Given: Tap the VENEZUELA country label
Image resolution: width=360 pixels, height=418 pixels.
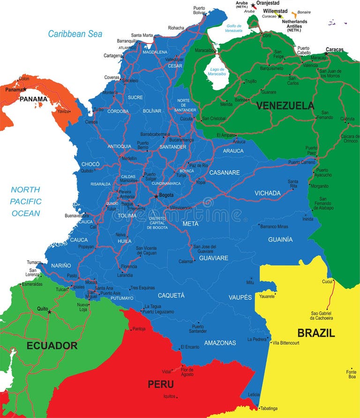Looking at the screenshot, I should [285, 105].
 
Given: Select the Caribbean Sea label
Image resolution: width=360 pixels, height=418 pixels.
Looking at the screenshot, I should [75, 34].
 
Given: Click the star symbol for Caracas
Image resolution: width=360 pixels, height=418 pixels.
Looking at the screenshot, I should [326, 54].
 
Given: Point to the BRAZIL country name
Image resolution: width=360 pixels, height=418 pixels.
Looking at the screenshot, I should [316, 333].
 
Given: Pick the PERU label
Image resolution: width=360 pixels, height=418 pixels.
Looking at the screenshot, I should [161, 384].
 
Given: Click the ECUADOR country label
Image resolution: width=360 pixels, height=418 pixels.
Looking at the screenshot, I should [52, 346].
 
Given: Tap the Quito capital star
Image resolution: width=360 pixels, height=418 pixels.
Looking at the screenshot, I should [49, 312].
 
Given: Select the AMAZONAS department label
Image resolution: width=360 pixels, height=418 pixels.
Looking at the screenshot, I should [220, 343].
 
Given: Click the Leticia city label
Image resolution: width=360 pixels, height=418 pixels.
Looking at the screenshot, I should [253, 394].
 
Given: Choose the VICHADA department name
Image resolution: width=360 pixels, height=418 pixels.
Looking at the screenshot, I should [267, 193].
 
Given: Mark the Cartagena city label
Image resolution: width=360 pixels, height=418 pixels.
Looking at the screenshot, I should [112, 55].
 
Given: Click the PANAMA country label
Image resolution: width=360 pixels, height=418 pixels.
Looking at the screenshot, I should [33, 99].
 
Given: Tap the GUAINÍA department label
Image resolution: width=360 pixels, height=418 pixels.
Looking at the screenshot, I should [280, 239].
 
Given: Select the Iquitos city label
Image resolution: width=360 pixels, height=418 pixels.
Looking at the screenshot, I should [169, 397].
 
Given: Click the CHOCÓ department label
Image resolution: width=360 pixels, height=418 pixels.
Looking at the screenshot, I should [90, 164].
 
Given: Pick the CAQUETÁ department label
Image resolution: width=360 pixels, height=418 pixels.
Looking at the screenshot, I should [171, 295].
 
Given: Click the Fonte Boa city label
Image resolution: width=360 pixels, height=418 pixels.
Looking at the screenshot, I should [352, 374].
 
